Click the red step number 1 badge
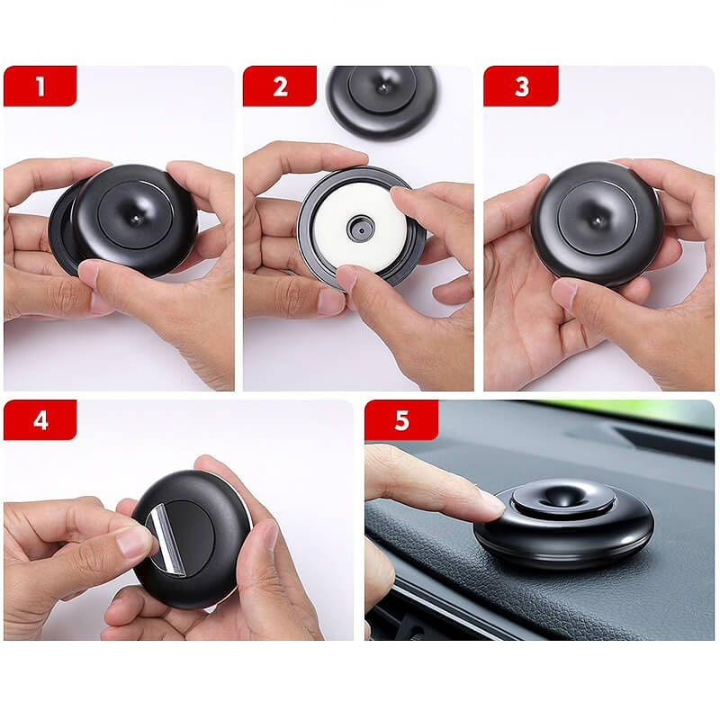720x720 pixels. [x=40, y=85]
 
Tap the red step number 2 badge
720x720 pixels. [x=280, y=85]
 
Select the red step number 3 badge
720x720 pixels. [x=521, y=85]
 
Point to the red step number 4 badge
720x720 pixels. [x=40, y=419]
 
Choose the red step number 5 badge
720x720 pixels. [x=401, y=419]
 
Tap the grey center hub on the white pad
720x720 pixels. [x=361, y=229]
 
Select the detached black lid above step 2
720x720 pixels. [x=382, y=101]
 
